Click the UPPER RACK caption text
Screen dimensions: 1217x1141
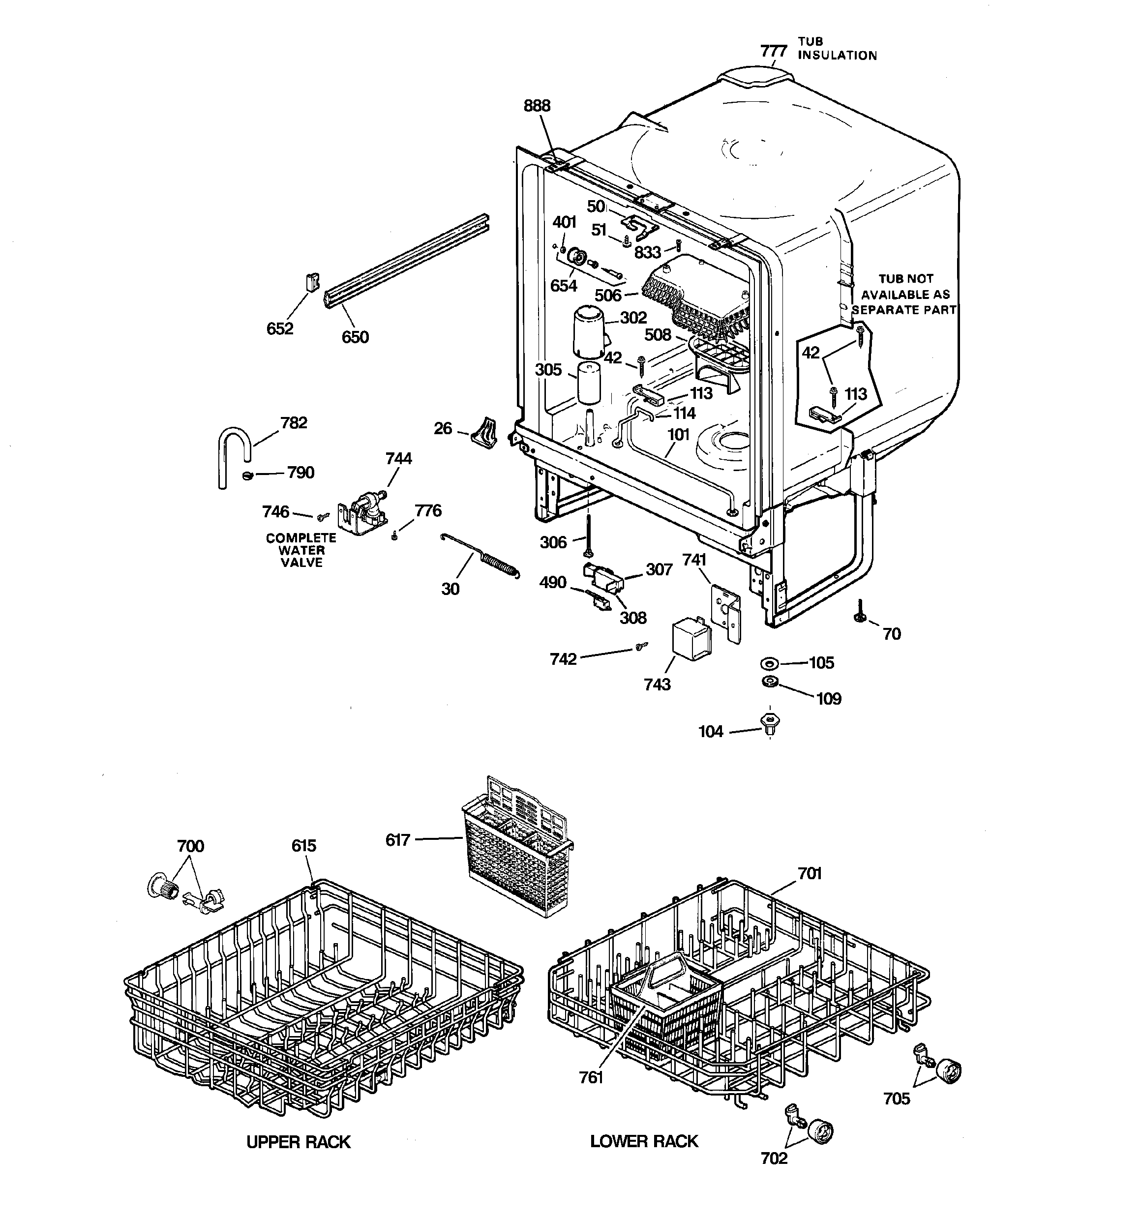(298, 1142)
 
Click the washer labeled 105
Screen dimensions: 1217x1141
(769, 664)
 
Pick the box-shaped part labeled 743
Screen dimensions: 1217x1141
(691, 639)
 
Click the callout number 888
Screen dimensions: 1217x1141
(537, 106)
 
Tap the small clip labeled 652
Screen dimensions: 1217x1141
(312, 283)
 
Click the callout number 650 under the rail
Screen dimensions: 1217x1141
(355, 337)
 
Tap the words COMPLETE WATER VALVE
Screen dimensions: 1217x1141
(300, 550)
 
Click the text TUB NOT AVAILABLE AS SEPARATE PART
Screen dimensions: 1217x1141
(904, 295)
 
